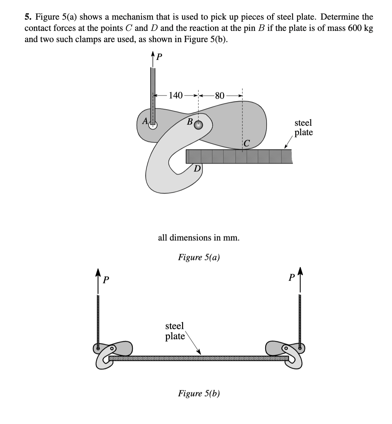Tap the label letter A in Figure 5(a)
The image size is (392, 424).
pos(144,121)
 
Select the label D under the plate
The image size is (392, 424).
pos(197,169)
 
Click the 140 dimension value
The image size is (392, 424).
pos(175,95)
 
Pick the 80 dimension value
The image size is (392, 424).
pos(220,95)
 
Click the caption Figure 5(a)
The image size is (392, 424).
pos(199,257)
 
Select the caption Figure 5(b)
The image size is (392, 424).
pos(199,393)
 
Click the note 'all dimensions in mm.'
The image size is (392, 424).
pos(199,238)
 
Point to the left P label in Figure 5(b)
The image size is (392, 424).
pos(107,280)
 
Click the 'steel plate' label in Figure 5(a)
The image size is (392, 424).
pos(303,128)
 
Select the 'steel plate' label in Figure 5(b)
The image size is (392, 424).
pos(175,331)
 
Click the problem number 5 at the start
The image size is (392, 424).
pos(27,17)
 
